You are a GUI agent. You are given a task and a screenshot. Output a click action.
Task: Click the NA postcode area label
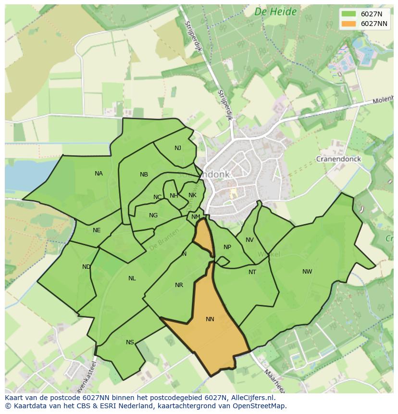[x=99, y=174]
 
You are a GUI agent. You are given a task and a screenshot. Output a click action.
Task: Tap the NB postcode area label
[x=144, y=175]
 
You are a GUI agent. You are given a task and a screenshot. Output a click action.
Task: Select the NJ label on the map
[x=178, y=148]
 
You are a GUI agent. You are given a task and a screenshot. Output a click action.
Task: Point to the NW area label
[x=307, y=272]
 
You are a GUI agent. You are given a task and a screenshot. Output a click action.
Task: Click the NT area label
[x=252, y=272]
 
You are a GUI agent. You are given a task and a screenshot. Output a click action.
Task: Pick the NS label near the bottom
[x=130, y=342]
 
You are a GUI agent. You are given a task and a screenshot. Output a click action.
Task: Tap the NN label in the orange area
[x=210, y=319]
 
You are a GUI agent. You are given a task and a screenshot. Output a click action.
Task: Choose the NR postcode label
[x=179, y=285]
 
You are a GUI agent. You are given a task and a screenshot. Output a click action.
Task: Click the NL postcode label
[x=132, y=278]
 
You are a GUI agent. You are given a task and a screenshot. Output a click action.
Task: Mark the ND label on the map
[x=87, y=267]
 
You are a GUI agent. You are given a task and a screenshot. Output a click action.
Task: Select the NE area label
[x=97, y=230]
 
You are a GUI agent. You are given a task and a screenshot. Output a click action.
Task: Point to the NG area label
[x=153, y=215]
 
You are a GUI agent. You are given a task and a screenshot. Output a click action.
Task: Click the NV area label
[x=249, y=240]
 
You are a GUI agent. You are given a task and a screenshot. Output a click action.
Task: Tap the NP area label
[x=227, y=247]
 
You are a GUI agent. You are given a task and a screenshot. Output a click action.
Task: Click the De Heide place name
[x=275, y=12]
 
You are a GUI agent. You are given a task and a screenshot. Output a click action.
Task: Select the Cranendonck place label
[x=338, y=159]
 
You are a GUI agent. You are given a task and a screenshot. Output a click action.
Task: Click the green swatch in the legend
[x=348, y=14]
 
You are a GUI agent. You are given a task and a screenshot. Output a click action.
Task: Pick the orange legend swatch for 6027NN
[x=348, y=24]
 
